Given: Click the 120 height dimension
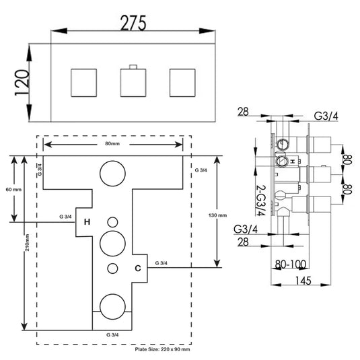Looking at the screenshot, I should click(22, 84).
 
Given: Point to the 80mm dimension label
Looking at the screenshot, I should click(114, 143).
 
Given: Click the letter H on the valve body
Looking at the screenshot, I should click(87, 221).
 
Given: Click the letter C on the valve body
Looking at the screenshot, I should click(137, 268).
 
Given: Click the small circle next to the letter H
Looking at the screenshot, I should click(112, 221).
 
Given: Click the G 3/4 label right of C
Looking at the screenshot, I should click(161, 262).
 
